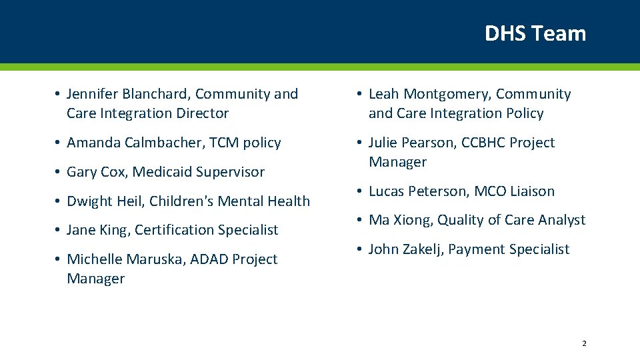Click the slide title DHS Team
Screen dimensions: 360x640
coord(535,33)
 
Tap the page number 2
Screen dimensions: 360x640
coord(584,343)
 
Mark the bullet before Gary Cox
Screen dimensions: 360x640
coord(59,172)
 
